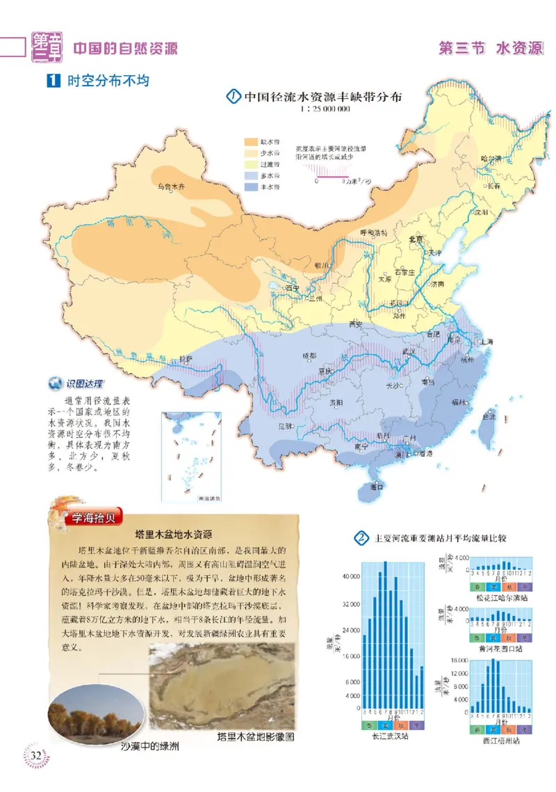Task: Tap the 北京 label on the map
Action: pos(417,239)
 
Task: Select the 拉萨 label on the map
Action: pos(186,358)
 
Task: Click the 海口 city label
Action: pos(377,486)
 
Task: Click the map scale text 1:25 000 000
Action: pos(325,110)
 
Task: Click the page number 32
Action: pos(36,756)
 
